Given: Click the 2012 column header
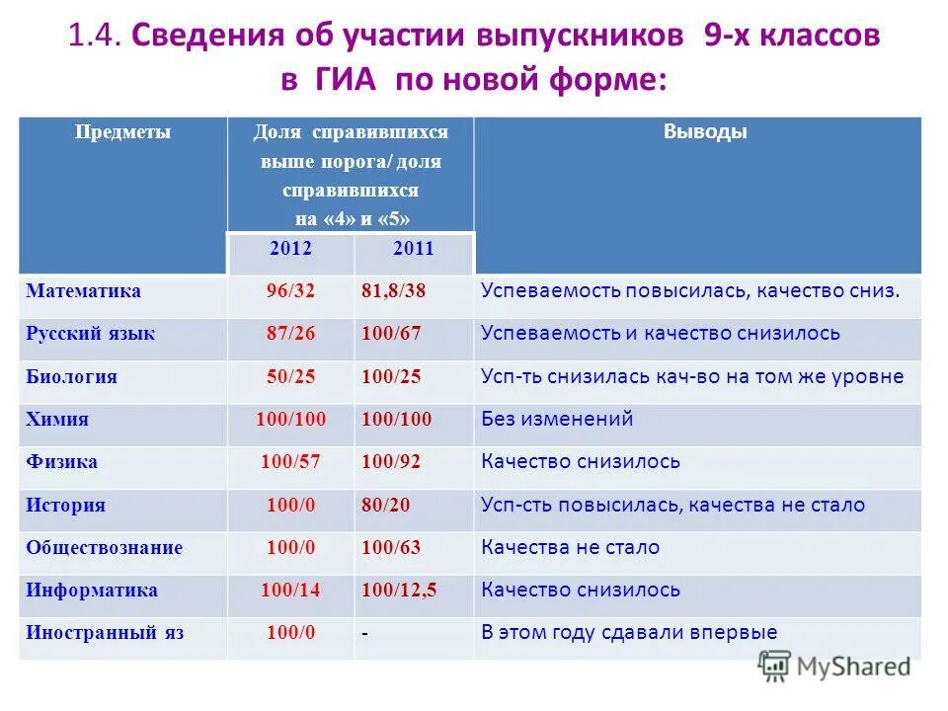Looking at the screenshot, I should [x=290, y=249].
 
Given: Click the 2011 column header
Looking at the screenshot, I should [x=413, y=249].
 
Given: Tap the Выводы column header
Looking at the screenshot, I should [x=705, y=132].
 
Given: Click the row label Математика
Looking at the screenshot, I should [x=84, y=291].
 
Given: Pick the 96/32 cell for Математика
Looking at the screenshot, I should [x=290, y=291].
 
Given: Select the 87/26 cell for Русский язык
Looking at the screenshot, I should [x=290, y=334].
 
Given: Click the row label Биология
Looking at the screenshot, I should [x=72, y=376].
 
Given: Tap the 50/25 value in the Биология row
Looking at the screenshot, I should [x=290, y=376].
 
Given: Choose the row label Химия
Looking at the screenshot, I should [x=57, y=419].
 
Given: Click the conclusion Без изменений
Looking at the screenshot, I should [x=557, y=419].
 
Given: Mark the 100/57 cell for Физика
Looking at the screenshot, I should [x=290, y=461].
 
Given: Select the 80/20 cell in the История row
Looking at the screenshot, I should [x=386, y=505].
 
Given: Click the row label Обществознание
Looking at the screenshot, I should [x=105, y=547].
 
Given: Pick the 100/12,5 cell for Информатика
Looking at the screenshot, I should [x=400, y=590].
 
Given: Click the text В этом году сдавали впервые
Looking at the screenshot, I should [x=629, y=633].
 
